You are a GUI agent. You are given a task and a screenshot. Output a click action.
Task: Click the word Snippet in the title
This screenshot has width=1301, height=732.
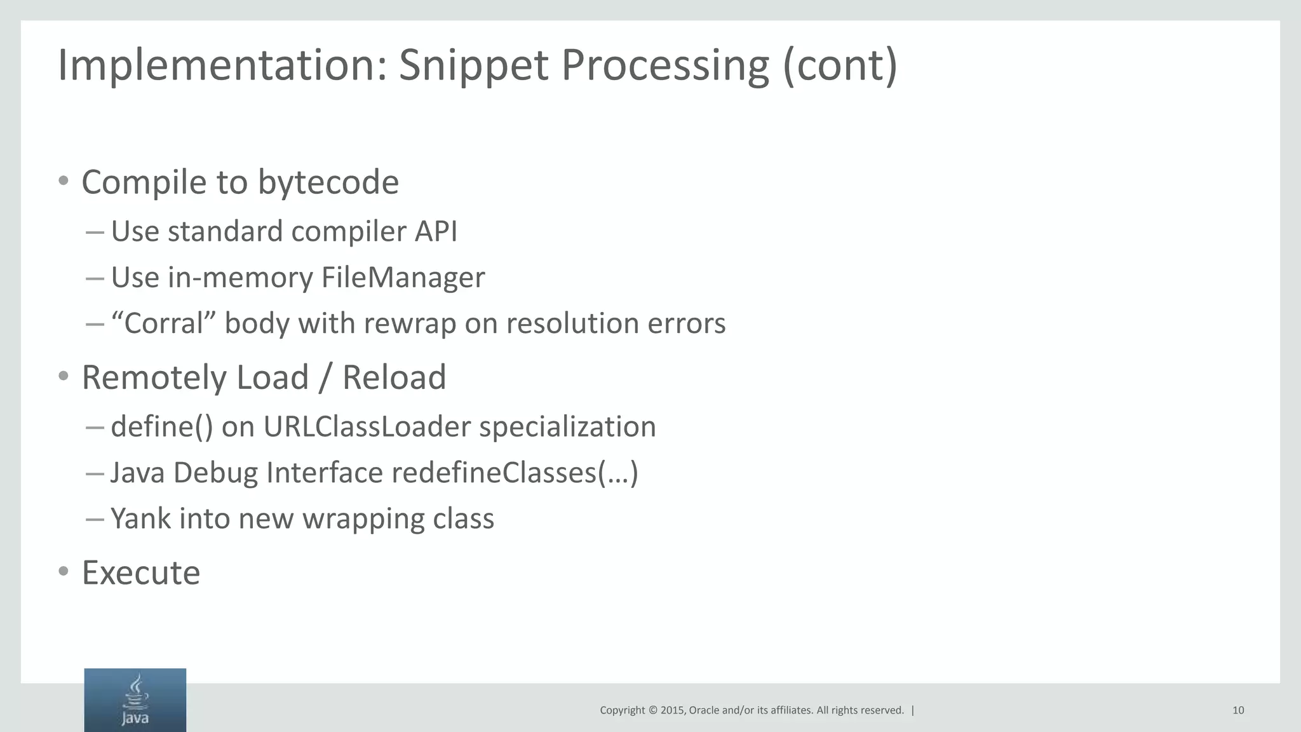(473, 65)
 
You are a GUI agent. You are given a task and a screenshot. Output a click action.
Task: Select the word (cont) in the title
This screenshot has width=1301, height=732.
(840, 65)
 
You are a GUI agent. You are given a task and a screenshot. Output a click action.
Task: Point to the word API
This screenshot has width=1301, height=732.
(436, 231)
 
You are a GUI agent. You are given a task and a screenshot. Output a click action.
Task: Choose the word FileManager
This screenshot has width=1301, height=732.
(403, 278)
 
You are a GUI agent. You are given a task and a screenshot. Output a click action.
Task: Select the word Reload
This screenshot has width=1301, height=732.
(394, 377)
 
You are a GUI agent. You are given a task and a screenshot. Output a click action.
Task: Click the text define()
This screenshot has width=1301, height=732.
(162, 426)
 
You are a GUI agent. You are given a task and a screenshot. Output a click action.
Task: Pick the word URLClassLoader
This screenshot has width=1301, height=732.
(367, 426)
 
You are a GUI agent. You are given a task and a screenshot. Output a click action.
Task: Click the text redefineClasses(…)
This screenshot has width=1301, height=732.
(515, 473)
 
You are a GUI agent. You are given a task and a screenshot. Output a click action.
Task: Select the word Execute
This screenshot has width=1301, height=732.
(141, 573)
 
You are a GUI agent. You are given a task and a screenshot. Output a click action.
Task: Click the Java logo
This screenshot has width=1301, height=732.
(135, 700)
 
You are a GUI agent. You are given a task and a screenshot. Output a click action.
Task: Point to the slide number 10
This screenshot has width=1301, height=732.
(1237, 710)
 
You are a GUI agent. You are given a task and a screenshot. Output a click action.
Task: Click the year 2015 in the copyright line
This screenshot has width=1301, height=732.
(672, 710)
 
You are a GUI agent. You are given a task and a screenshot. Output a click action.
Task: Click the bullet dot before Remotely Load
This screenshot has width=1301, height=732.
(63, 376)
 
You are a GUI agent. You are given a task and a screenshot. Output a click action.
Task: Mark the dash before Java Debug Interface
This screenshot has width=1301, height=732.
(94, 473)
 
